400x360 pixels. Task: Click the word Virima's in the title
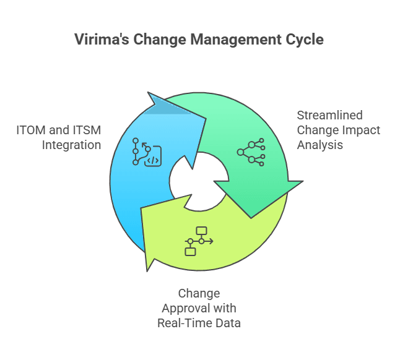[102, 40]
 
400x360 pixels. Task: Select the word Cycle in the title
[305, 40]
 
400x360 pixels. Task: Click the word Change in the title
[160, 40]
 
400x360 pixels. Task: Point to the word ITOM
[31, 130]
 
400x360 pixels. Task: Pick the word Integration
[71, 145]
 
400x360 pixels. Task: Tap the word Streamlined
[329, 115]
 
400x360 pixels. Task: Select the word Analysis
[320, 145]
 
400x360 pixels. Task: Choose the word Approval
[186, 309]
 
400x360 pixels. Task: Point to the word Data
[228, 323]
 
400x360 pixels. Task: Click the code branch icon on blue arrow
[147, 152]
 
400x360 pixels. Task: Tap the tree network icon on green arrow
[251, 152]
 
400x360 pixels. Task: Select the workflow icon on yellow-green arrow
[199, 241]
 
